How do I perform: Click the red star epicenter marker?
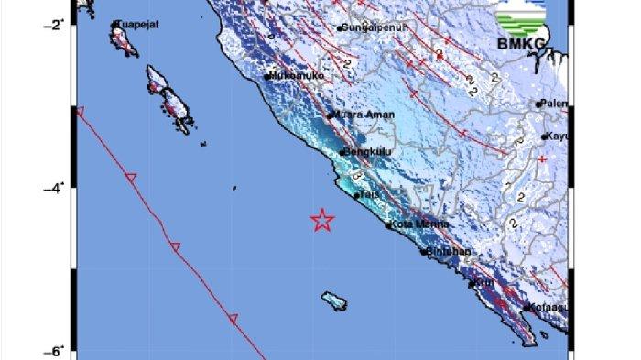pos(321,220)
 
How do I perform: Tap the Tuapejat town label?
pos(136,26)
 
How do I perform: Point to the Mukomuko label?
pos(297,77)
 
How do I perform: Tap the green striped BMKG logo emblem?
pos(520,17)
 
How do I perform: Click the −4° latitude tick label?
pos(55,188)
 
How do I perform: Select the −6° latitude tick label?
pos(55,351)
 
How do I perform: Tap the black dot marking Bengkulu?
pos(342,153)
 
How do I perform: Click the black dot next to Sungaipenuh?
pos(340,28)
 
